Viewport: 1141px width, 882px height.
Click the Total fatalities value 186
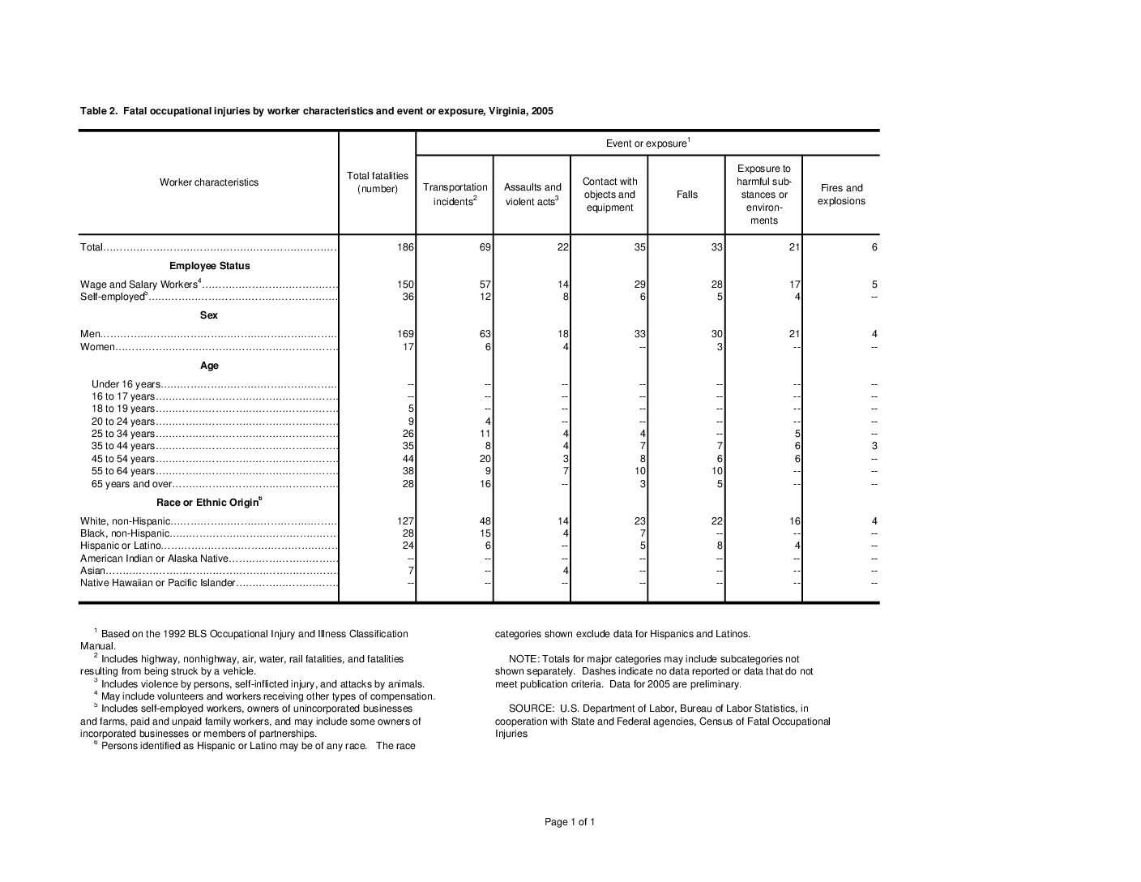tap(406, 247)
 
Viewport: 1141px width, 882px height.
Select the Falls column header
tap(686, 195)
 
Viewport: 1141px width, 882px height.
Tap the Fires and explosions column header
tap(841, 195)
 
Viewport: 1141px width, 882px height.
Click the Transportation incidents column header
tap(455, 195)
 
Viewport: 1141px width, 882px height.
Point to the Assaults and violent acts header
tap(532, 195)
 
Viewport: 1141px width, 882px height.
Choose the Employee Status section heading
tap(209, 266)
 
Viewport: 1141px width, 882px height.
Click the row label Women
tap(97, 347)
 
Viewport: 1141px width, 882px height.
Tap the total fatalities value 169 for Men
tap(406, 334)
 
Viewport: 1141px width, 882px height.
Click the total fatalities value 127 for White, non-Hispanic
tap(406, 521)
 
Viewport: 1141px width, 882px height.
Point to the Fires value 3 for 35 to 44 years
tap(874, 446)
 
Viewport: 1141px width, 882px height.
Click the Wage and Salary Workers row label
tap(139, 285)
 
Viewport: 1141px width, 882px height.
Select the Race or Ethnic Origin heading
tap(208, 503)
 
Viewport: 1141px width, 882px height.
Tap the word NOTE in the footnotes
tap(522, 659)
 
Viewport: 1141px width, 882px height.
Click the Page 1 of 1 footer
tap(570, 822)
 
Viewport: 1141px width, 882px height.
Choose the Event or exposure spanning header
tap(647, 143)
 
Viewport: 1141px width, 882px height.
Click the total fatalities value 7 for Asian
tap(411, 571)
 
